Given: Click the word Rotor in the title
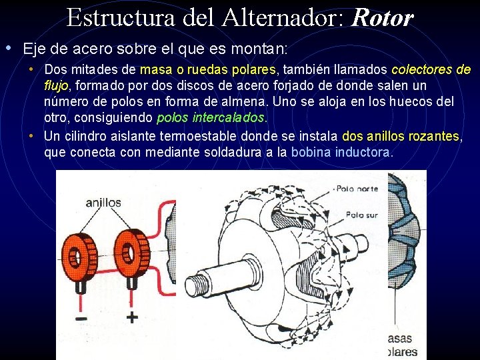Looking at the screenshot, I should [382, 18].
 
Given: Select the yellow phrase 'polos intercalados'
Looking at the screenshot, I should [211, 118].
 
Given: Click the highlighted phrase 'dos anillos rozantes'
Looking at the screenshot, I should [401, 136].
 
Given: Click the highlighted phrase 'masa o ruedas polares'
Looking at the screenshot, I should [208, 70].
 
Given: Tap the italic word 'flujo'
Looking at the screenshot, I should [56, 86].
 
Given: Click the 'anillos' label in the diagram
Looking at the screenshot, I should [103, 202].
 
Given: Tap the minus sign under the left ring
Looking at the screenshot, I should [81, 319].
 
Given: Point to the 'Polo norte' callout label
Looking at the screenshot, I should [357, 189].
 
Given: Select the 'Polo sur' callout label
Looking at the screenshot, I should [362, 215].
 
